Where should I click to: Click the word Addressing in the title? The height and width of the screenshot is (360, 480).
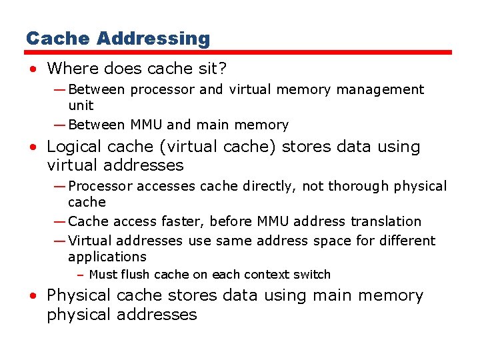[x=153, y=39]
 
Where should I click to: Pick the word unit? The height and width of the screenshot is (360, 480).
[x=81, y=105]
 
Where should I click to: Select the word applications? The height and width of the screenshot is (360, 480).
[x=107, y=257]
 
